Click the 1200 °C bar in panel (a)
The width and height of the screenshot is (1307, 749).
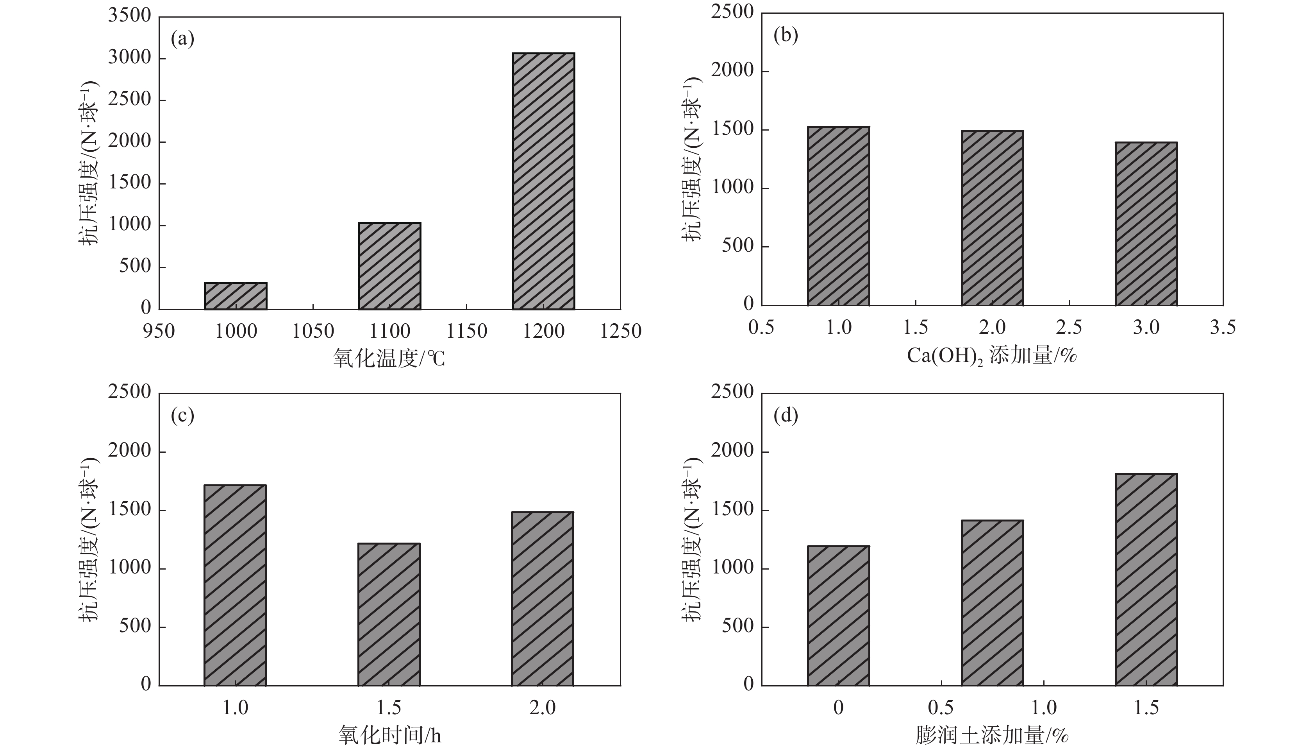coord(543,181)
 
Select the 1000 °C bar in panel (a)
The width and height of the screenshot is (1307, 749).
coord(236,296)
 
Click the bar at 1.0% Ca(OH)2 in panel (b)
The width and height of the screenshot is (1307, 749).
coord(838,216)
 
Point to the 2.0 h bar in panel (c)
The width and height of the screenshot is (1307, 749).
coord(543,599)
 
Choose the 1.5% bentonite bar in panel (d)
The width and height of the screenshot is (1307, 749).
coord(1146,580)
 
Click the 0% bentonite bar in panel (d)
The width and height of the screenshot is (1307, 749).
coord(838,616)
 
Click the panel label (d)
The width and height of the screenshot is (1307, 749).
coord(785,415)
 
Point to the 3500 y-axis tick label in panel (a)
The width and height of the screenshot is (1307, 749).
coord(130,16)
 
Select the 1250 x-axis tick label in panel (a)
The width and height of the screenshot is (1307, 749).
coord(620,331)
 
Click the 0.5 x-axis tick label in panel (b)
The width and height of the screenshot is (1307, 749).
coord(761,328)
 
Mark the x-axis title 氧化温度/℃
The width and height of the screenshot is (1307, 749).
coord(389,358)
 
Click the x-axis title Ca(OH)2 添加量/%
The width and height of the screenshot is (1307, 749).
coord(991,355)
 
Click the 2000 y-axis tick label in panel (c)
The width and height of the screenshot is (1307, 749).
coord(130,451)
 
